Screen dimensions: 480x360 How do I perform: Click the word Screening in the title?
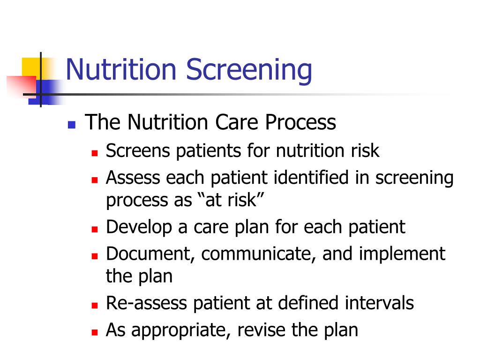pos(249,70)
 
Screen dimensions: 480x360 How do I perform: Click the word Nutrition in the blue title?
pos(121,69)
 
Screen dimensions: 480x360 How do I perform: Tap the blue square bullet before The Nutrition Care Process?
pos(72,125)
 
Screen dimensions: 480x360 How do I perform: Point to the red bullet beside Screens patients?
pos(95,153)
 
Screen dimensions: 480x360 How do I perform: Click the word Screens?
pos(138,150)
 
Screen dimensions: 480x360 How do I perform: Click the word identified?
pos(311,178)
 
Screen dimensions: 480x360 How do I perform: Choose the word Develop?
pos(139,227)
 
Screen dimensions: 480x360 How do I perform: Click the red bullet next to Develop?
pos(95,229)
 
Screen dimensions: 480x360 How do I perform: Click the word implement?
pos(402,254)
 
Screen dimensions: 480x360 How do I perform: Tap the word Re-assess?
pos(146,303)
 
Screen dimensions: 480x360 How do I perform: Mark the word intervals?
pos(379,303)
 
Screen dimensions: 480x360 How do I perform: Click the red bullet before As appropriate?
pos(95,332)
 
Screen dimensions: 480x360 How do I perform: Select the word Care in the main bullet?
pos(238,122)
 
